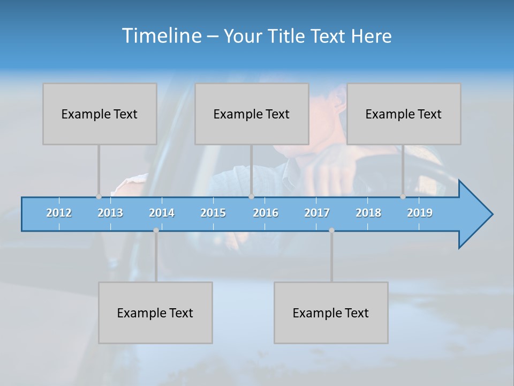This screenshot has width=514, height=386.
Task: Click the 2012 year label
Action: coord(59,213)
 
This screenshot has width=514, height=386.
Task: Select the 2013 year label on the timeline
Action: coord(110,213)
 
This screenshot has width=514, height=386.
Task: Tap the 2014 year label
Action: coord(162,213)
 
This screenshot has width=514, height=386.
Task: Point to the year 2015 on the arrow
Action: coord(213,213)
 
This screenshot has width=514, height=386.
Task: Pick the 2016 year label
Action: coord(266,213)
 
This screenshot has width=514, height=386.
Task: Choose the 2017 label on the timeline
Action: coord(317,213)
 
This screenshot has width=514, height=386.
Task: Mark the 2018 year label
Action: coord(368,213)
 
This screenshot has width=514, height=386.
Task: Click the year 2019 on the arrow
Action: coord(420,213)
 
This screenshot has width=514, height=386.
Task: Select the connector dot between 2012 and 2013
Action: coord(99,196)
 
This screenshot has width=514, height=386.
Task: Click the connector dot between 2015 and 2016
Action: coord(251,196)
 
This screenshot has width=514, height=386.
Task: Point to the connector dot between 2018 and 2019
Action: coord(403,196)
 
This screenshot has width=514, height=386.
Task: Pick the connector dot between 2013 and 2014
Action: coord(156,231)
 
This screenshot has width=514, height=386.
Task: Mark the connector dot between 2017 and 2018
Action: coord(331,231)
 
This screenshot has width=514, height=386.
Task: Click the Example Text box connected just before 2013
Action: coord(100,114)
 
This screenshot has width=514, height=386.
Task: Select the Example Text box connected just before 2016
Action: coord(252,114)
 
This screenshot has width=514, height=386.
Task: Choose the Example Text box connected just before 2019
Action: coord(404,114)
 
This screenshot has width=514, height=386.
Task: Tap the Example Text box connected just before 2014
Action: coord(155,313)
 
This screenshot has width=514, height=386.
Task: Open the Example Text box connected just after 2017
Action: coord(331,313)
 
